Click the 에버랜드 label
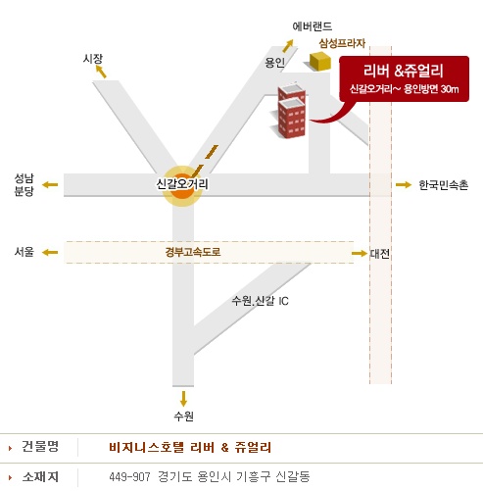pos(313,26)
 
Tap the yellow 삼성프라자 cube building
pos(320,61)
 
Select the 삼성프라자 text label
pos(342,43)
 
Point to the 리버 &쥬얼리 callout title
pos(403,71)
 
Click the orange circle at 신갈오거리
pos(182,186)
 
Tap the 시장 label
pos(93,59)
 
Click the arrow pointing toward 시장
pos(101,72)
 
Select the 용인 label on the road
pos(274,62)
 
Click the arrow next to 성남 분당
pos(50,184)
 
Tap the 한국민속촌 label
pos(443,185)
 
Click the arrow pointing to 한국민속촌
pos(404,185)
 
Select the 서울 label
pos(24,252)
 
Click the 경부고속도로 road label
pos(193,252)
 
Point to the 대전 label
pos(379,254)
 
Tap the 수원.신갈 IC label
pos(260,301)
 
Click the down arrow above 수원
pos(183,399)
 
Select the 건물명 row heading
pos(40,446)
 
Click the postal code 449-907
pos(129,477)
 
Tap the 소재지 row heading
pos(40,477)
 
